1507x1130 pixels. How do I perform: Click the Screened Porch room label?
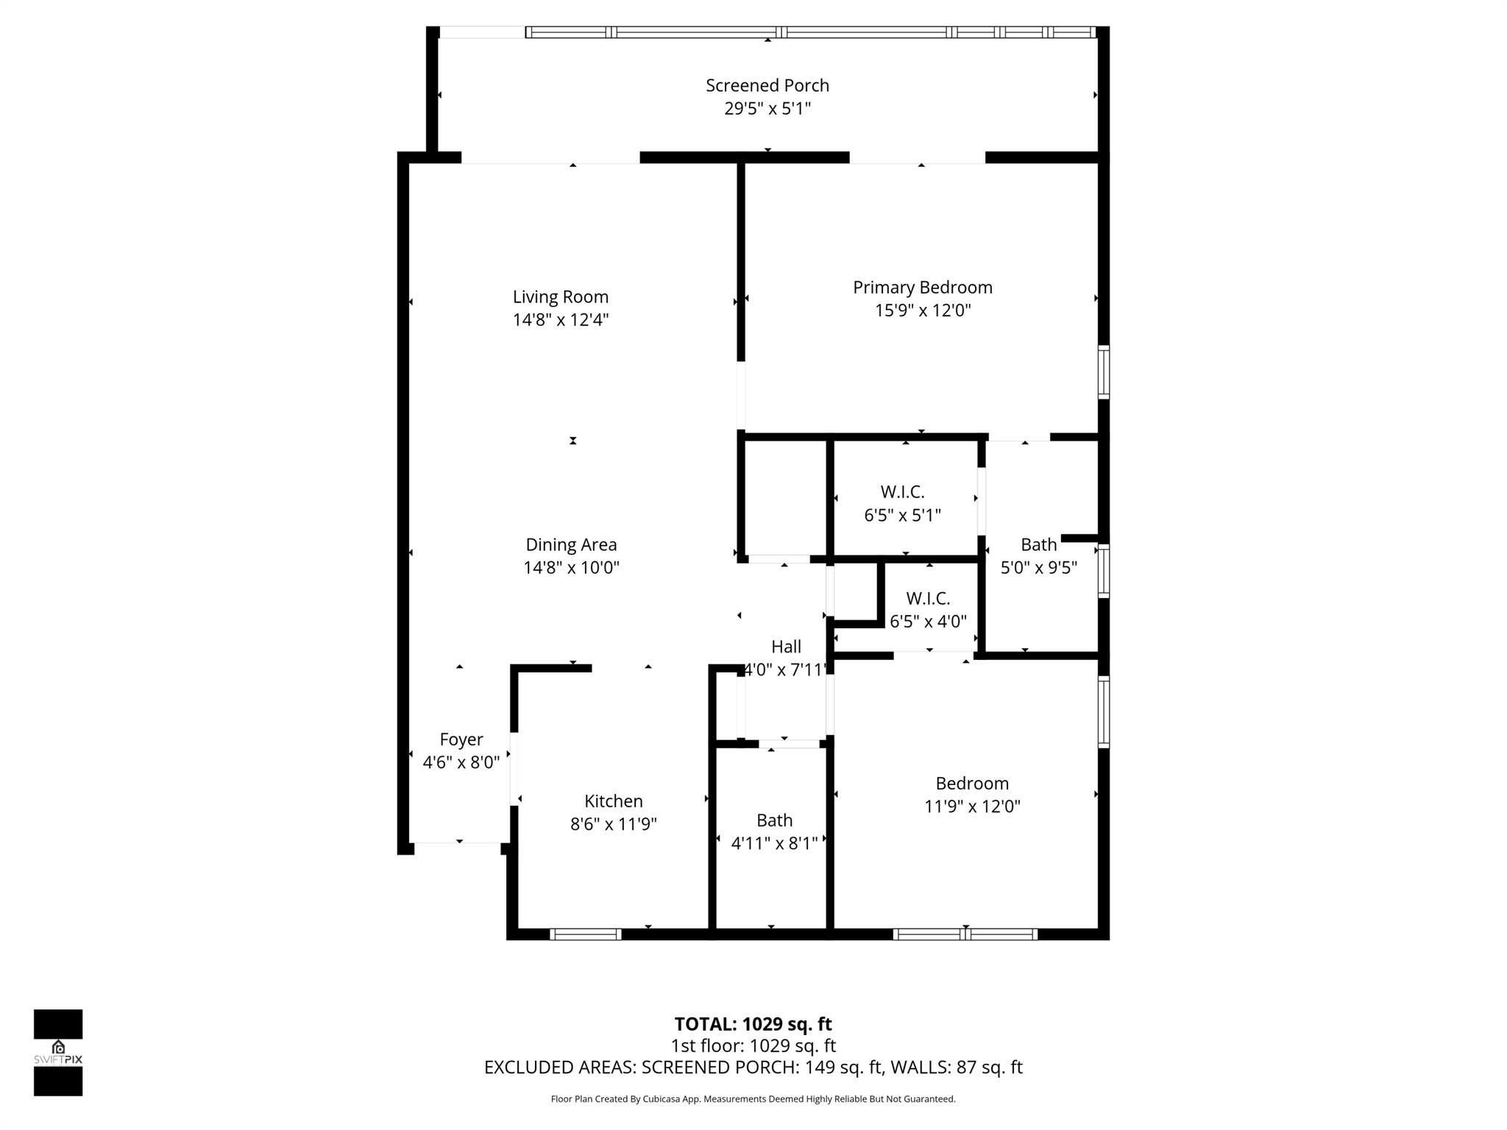point(767,85)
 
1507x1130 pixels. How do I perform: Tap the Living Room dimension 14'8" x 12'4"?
point(561,320)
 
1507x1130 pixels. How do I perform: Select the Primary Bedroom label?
point(922,288)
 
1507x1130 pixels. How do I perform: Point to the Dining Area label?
point(571,545)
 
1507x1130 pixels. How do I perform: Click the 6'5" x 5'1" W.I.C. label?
point(902,503)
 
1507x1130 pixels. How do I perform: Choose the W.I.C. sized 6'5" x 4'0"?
point(928,610)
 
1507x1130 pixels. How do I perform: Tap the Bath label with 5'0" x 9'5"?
point(1038,555)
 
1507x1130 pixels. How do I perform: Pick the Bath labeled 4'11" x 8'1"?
point(774,831)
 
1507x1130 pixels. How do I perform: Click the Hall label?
point(786,647)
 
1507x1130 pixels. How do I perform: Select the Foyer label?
point(461,739)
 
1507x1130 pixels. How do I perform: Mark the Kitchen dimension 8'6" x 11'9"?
point(613,824)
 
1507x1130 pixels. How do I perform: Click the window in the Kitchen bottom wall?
point(586,934)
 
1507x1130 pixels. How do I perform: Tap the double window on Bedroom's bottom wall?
point(965,934)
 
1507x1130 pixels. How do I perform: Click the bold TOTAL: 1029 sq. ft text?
point(753,1024)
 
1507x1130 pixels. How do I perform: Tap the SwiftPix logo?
point(58,1052)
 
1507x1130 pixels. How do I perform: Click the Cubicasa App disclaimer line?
point(753,1099)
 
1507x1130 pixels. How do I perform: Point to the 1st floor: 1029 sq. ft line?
point(753,1045)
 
